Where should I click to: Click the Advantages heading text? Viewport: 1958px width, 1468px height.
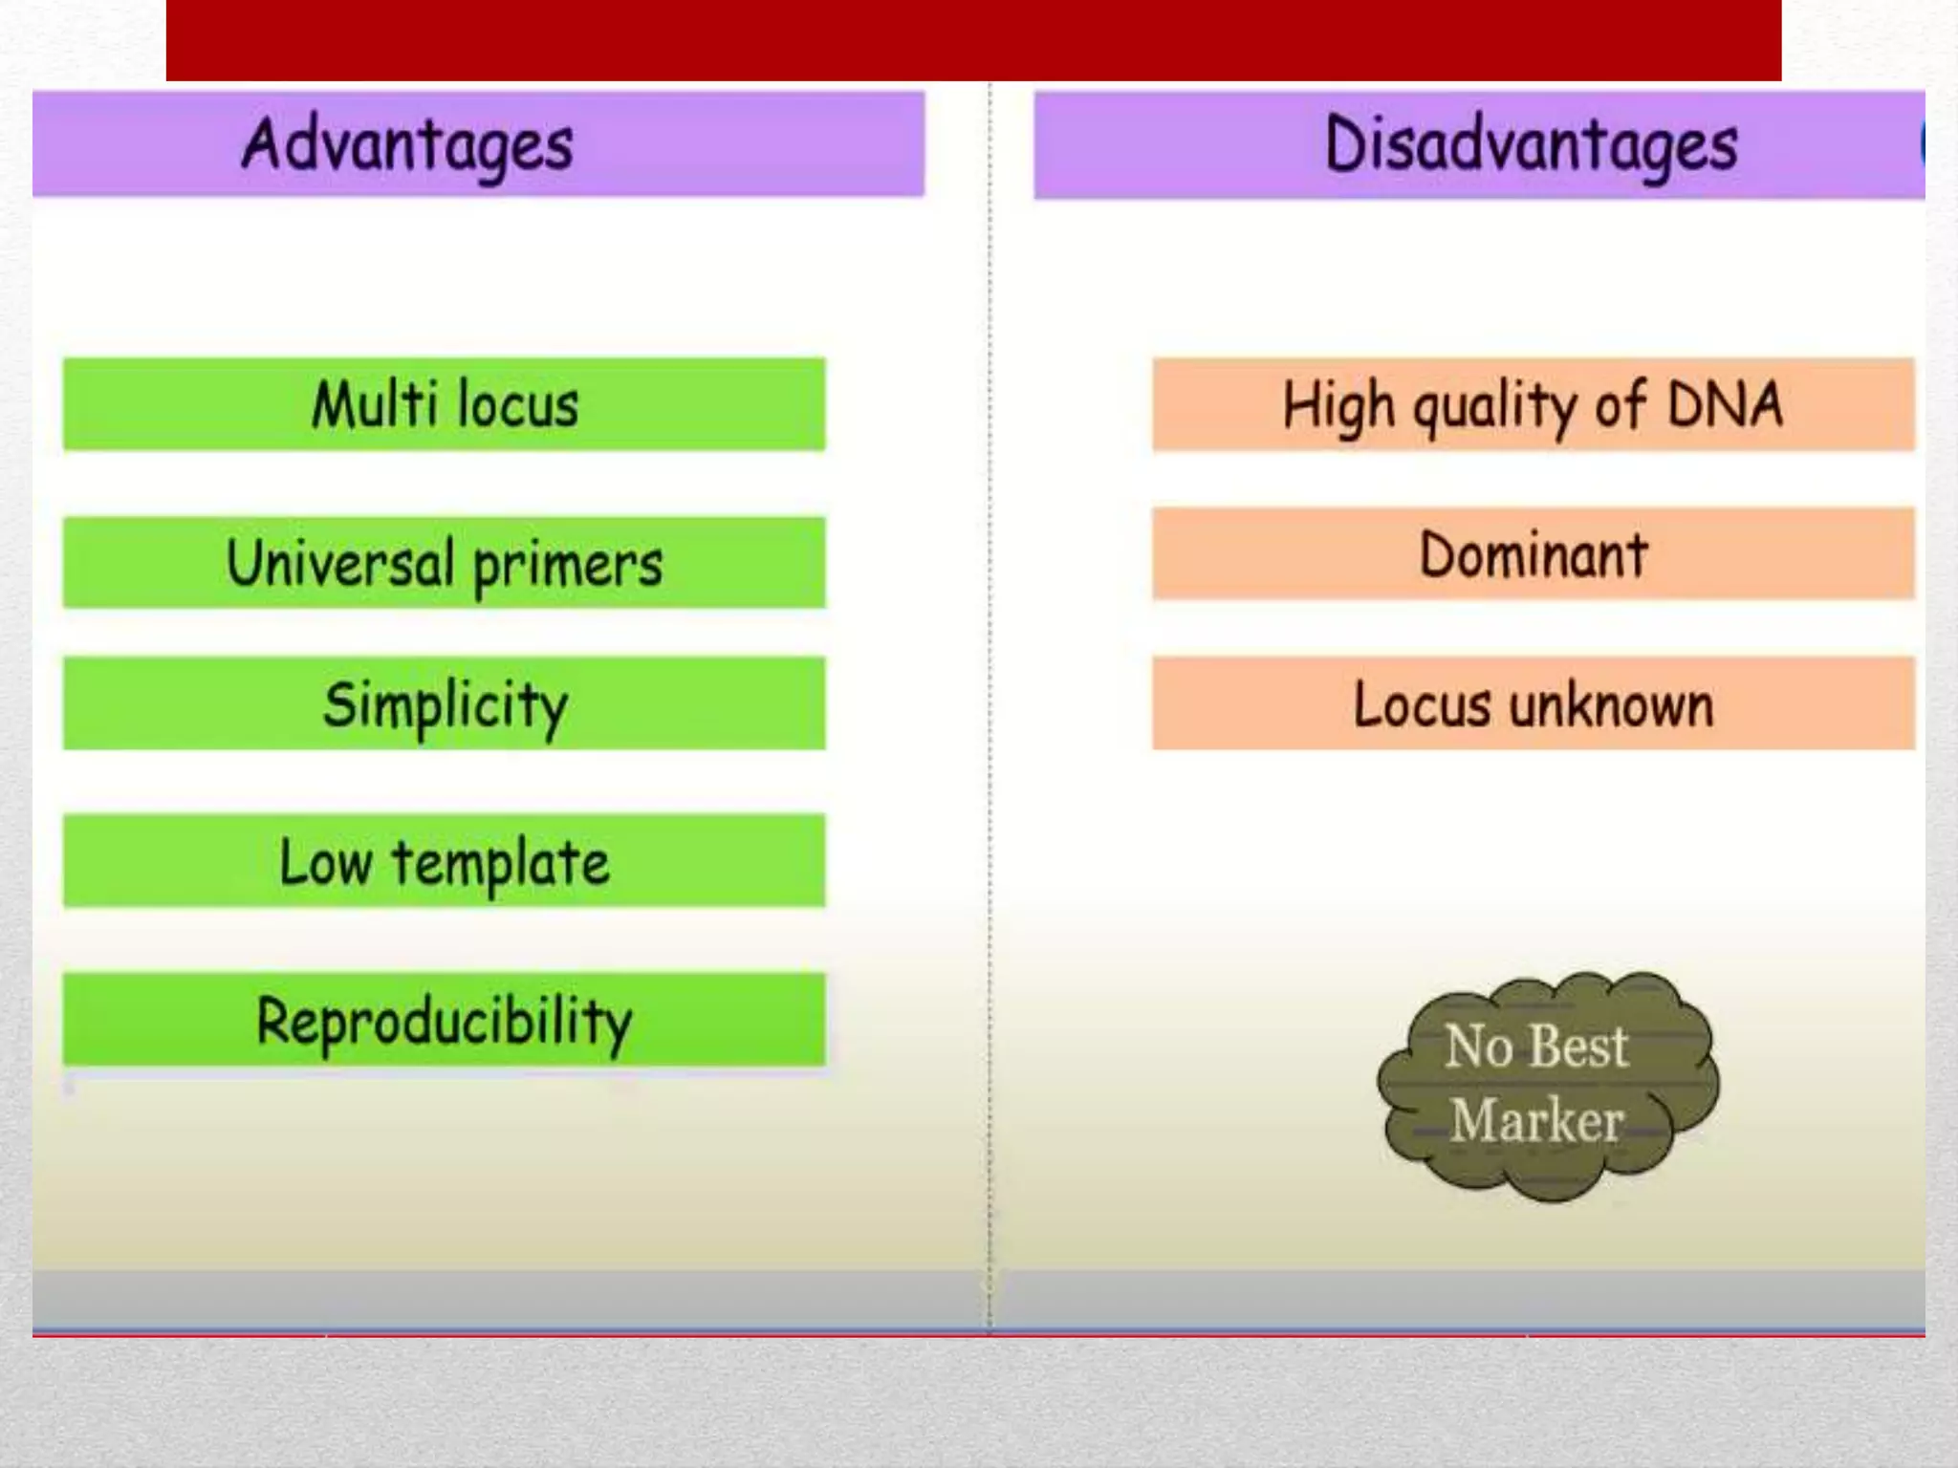point(408,145)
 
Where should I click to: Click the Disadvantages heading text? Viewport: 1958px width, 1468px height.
point(1531,145)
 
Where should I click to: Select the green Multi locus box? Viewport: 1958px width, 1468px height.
point(445,404)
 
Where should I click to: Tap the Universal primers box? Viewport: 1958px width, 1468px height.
point(445,562)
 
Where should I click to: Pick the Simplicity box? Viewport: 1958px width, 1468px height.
point(445,703)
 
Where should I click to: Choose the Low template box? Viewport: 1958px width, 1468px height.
point(445,861)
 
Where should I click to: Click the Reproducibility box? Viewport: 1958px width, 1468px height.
point(445,1020)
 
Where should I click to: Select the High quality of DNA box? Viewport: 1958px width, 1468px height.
point(1533,404)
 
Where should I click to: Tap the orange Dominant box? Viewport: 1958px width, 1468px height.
point(1533,554)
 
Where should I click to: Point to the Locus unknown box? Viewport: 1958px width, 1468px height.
point(1533,703)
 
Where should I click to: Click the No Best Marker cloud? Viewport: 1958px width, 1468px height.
point(1547,1086)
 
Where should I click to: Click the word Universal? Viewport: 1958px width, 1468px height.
point(340,561)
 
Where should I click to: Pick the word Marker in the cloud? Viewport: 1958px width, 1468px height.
point(1536,1120)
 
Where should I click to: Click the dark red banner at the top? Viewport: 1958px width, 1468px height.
point(973,40)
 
